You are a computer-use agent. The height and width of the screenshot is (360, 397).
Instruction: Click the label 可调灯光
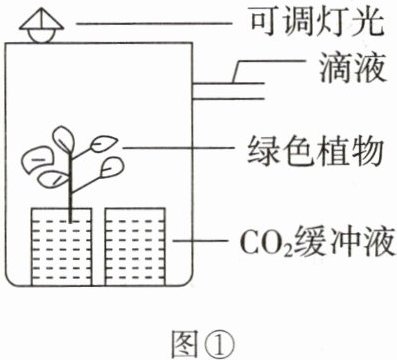tap(317, 23)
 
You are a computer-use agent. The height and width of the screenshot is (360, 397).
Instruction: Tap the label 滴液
tap(353, 70)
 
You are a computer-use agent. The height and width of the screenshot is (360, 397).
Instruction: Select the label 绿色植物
tap(314, 153)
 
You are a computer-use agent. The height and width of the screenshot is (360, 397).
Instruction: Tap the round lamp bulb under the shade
tap(40, 36)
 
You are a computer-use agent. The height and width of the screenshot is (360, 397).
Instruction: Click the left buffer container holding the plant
tap(62, 247)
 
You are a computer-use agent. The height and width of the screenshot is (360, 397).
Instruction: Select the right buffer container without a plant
tap(135, 247)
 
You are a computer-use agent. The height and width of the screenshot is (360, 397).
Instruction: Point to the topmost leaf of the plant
tap(64, 139)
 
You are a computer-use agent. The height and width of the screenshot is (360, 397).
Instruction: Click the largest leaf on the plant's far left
tap(37, 160)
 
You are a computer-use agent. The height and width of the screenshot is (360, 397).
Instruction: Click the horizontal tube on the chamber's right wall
tap(229, 91)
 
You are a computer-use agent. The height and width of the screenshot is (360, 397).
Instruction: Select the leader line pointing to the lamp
tap(154, 23)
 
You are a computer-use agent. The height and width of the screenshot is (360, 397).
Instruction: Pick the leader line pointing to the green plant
tap(177, 148)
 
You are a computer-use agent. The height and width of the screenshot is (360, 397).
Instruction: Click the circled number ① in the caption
tap(219, 344)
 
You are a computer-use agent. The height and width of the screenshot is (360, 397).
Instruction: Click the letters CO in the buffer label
tap(262, 241)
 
